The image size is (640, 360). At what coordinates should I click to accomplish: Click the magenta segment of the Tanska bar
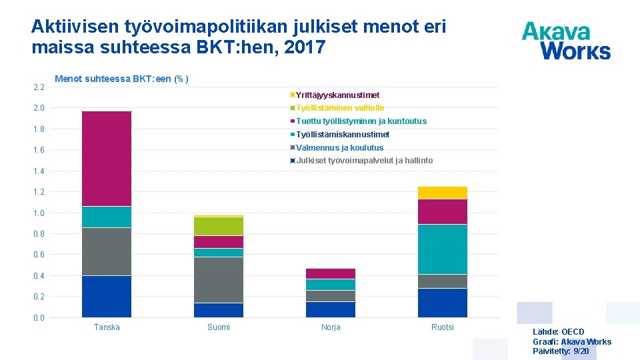click(107, 159)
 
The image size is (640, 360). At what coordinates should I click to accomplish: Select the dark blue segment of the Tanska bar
click(107, 296)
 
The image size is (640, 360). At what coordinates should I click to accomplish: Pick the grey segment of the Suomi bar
click(219, 279)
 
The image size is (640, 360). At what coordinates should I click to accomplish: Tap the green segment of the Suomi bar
click(219, 226)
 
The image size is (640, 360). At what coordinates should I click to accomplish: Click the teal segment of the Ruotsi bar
click(443, 249)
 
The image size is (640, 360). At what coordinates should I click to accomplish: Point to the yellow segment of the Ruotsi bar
click(443, 193)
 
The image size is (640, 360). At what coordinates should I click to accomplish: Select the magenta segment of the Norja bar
click(331, 273)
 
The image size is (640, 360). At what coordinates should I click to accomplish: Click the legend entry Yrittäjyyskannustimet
click(337, 95)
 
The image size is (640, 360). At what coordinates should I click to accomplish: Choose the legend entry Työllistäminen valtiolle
click(339, 108)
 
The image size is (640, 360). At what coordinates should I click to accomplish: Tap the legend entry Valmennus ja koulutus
click(339, 148)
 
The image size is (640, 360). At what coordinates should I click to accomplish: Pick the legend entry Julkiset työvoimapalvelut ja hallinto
click(364, 161)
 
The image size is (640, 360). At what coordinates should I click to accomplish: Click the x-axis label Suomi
click(219, 327)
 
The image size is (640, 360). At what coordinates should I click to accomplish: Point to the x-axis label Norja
click(331, 327)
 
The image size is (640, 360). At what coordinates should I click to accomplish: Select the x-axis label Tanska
click(107, 327)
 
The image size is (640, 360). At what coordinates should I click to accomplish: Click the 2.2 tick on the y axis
click(39, 87)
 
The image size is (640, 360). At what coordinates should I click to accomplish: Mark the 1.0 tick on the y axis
click(39, 213)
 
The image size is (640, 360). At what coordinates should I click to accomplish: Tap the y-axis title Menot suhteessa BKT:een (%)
click(121, 79)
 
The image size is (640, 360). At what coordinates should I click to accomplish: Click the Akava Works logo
click(566, 41)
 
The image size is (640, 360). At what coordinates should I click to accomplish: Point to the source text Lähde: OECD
click(558, 332)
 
